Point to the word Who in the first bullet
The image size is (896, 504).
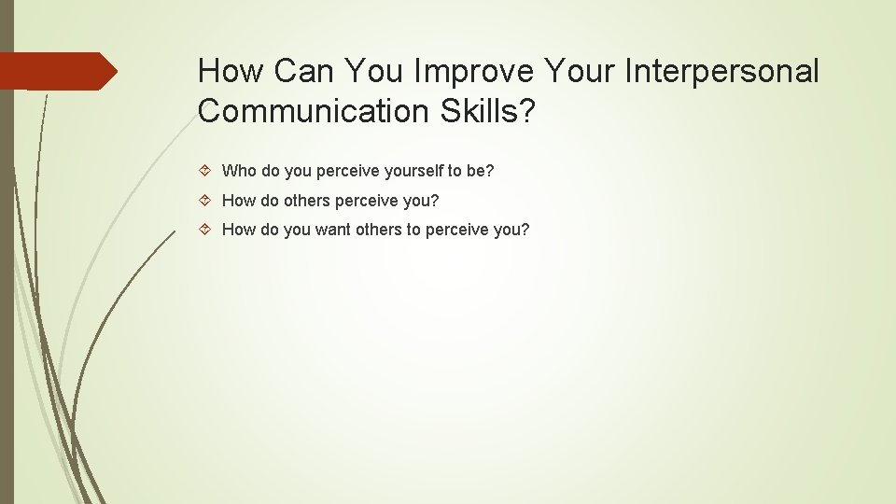click(x=239, y=171)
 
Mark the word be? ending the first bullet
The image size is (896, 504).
click(x=480, y=171)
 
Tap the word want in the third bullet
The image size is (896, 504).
click(x=333, y=230)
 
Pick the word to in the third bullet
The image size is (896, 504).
click(x=413, y=230)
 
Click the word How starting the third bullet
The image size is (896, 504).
click(x=238, y=230)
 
